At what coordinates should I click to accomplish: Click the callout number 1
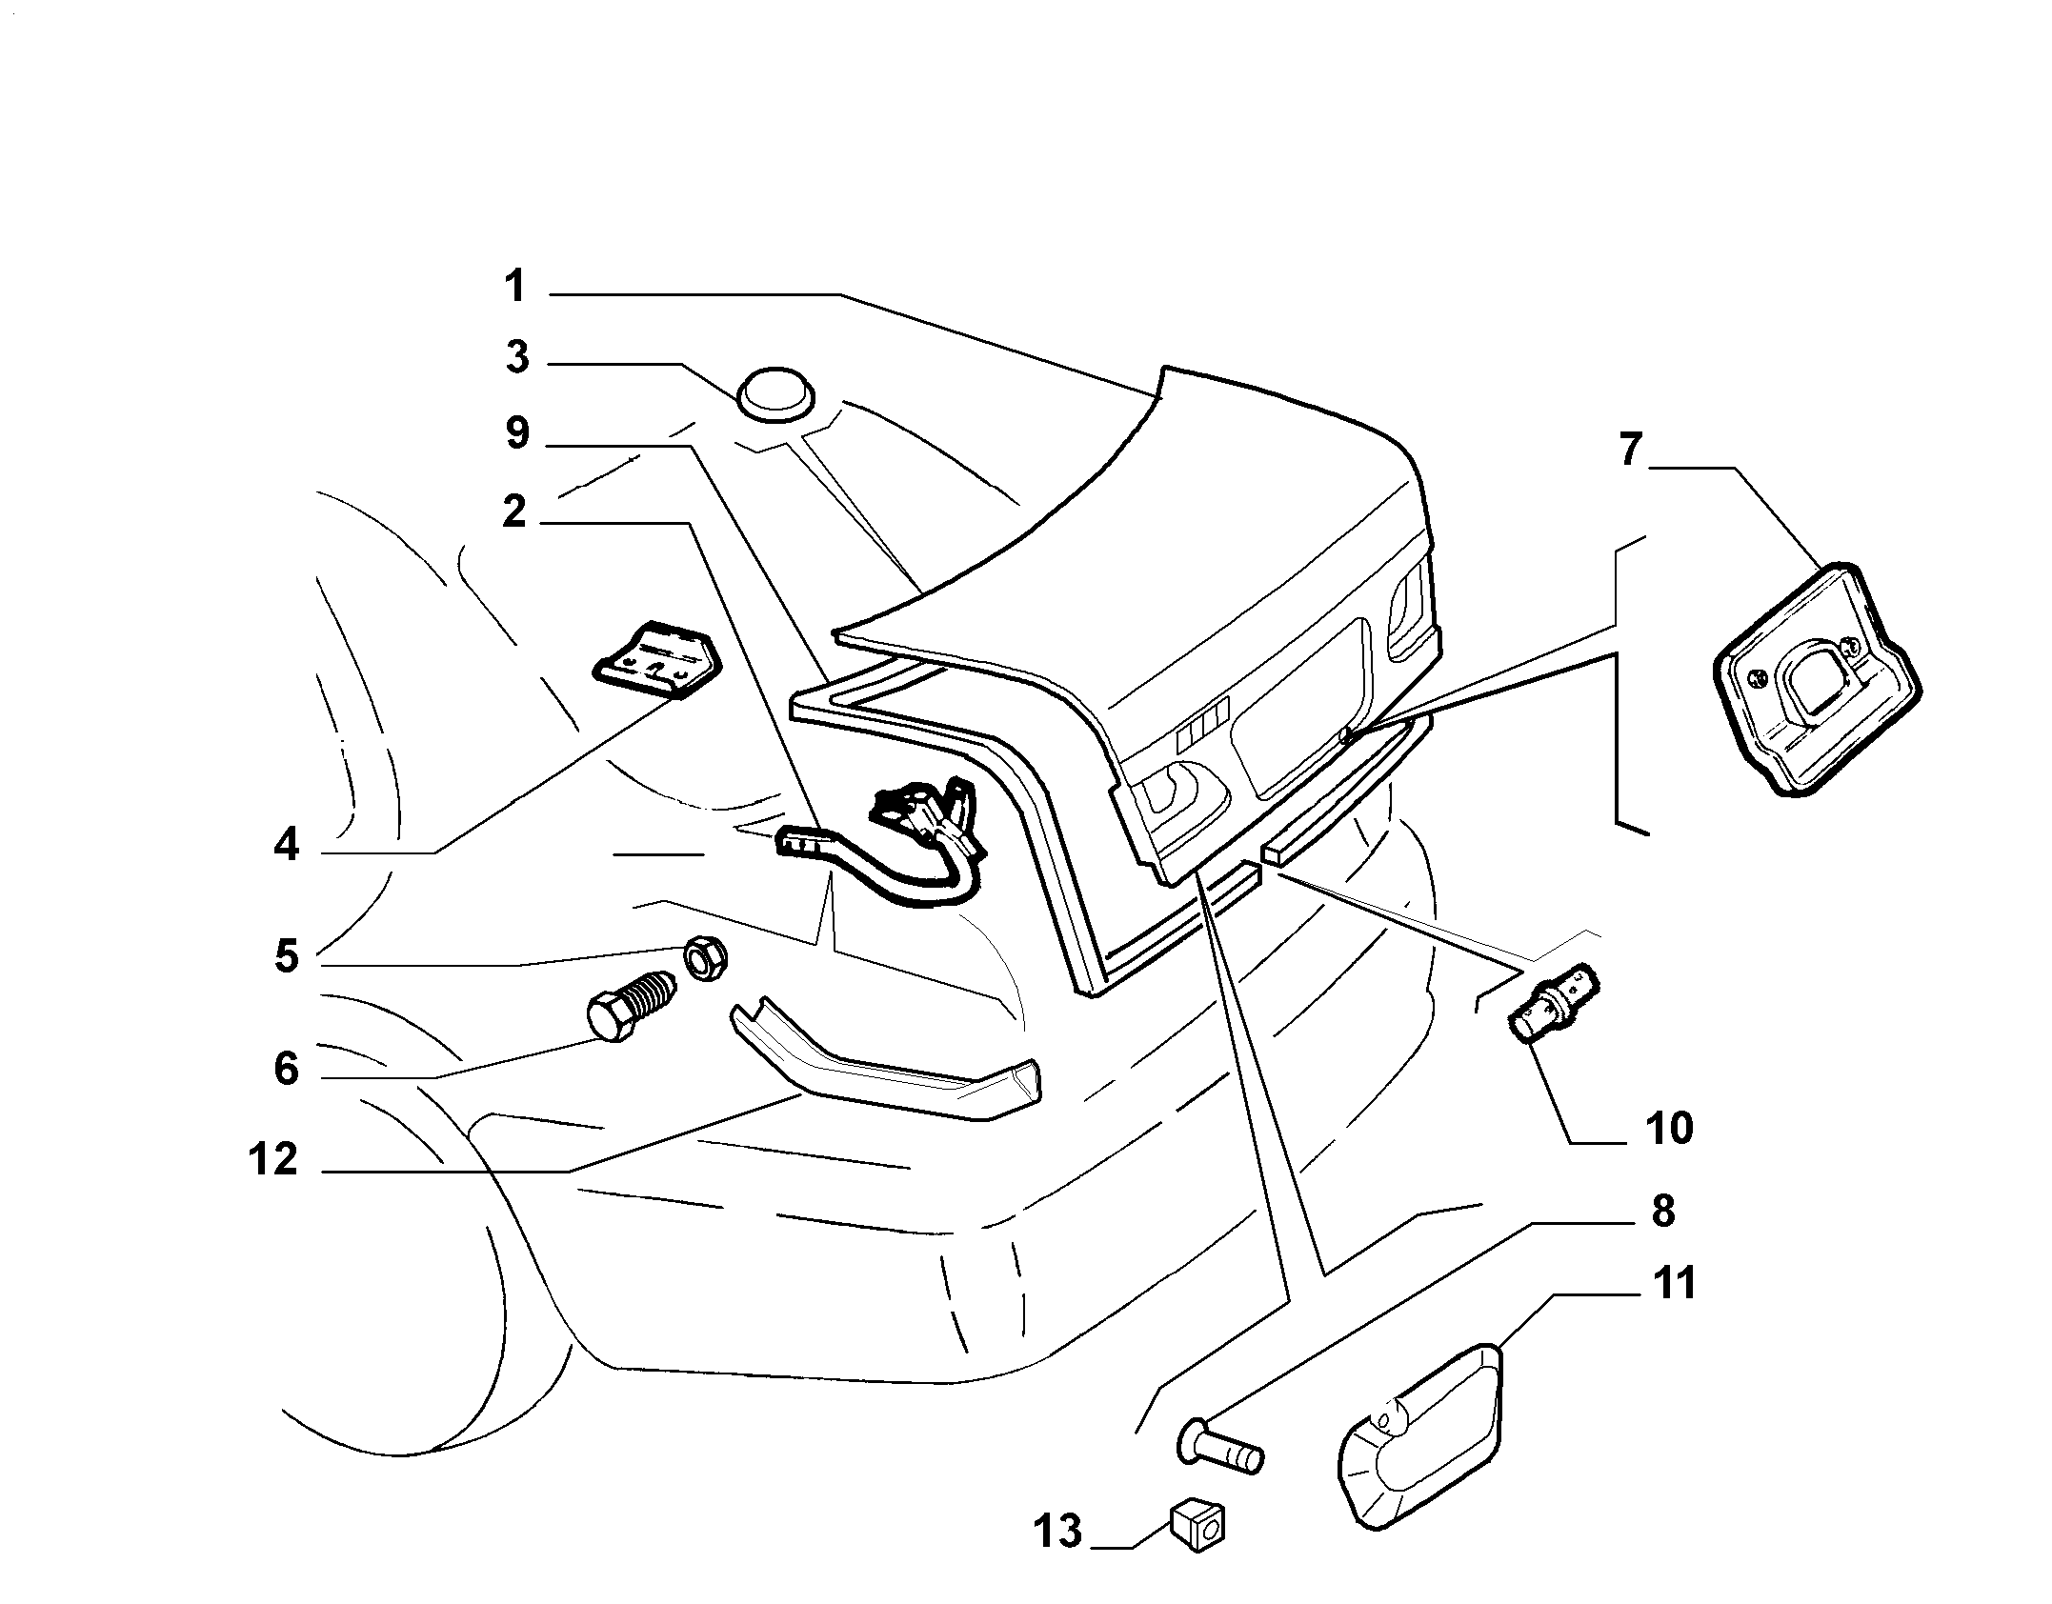(515, 286)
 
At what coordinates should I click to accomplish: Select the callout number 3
(517, 358)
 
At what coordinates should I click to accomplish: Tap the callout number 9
(517, 433)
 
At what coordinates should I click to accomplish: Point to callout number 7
(1631, 450)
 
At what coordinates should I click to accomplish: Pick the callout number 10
(1668, 1128)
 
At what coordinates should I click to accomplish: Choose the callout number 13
(1057, 1532)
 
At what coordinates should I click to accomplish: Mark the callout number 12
(273, 1160)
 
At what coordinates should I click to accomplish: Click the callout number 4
(286, 845)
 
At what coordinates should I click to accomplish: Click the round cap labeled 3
(775, 392)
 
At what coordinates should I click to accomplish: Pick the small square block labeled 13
(1197, 1529)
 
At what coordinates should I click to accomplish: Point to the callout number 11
(1674, 1283)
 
